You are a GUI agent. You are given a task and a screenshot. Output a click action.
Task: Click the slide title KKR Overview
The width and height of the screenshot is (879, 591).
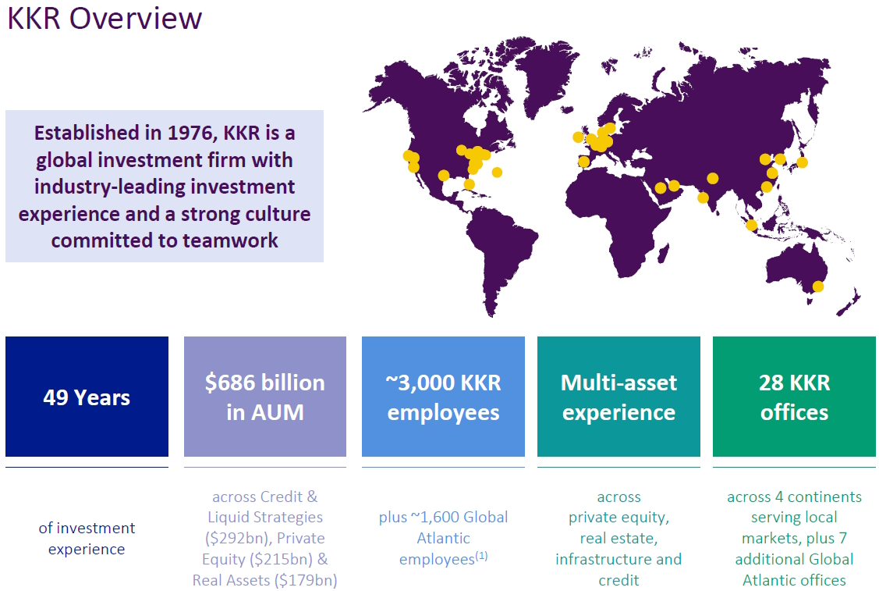(105, 18)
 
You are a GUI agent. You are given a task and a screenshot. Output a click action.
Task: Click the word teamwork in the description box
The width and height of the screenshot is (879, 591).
(230, 240)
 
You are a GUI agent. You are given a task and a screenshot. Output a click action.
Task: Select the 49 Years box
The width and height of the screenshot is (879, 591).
(87, 397)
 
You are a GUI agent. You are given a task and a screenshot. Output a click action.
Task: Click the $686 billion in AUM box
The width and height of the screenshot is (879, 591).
(265, 397)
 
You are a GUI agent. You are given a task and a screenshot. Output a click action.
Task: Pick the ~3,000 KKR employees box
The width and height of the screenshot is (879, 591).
(444, 397)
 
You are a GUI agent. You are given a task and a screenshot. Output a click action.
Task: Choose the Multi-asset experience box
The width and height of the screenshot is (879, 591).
(619, 397)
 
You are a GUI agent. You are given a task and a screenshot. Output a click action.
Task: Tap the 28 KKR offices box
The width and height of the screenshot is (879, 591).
(794, 397)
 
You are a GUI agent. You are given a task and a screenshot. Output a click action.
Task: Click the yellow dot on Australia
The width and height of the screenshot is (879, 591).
(818, 287)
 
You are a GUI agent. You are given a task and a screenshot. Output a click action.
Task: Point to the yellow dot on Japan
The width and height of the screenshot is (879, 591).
(803, 162)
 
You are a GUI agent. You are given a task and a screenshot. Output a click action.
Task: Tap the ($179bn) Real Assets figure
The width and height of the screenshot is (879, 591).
(306, 580)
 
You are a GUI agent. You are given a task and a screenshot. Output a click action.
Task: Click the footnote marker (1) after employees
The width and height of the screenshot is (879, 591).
(481, 556)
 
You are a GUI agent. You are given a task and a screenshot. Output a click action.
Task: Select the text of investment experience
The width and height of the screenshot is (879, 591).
(87, 538)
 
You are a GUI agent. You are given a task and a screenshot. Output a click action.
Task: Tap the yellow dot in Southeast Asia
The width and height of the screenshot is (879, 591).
(752, 226)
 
